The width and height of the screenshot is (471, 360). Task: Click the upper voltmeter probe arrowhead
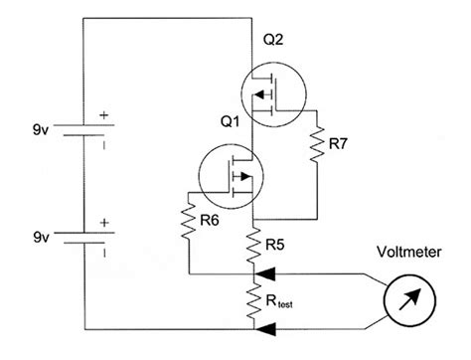click(x=264, y=269)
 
